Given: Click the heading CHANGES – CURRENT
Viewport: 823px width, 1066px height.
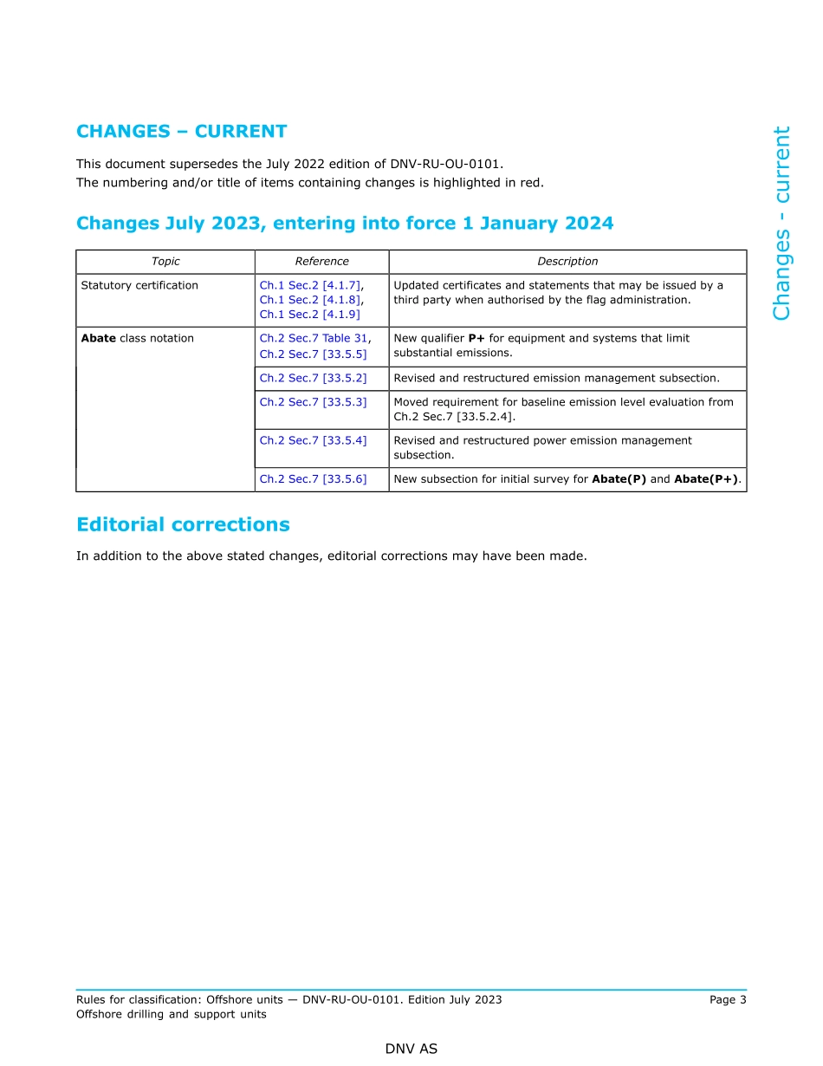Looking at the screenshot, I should [x=181, y=132].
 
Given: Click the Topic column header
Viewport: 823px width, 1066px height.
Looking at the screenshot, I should [x=165, y=262].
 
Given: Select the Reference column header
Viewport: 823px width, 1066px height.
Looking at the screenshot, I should [x=321, y=262].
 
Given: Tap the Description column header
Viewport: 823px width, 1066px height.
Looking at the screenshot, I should [x=567, y=262].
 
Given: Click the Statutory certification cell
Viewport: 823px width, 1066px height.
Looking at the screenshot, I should [x=139, y=285].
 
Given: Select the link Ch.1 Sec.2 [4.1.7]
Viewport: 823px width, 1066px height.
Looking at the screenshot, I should [x=310, y=285].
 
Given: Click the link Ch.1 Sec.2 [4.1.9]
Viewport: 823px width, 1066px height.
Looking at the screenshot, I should [x=309, y=315].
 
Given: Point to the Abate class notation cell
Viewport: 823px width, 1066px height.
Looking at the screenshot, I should [x=137, y=338].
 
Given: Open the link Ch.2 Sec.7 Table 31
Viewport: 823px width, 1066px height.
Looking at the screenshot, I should [x=313, y=338].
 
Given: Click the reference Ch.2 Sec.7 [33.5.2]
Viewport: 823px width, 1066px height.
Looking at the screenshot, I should [x=313, y=379].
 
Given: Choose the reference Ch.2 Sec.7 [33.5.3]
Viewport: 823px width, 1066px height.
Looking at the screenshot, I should [x=313, y=402].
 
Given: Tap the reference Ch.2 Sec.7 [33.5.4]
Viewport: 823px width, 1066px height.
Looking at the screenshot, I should [x=313, y=440].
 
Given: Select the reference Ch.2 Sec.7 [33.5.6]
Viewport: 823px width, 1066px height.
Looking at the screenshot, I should [x=313, y=479].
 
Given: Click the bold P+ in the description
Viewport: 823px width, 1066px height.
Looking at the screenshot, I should [x=476, y=338].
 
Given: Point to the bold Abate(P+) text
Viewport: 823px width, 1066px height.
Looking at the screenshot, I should [x=706, y=479].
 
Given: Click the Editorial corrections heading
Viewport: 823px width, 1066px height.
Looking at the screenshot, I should [x=183, y=525].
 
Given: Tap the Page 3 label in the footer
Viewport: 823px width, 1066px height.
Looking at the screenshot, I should [x=728, y=1000].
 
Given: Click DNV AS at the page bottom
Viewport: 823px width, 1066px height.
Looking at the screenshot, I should [x=411, y=1050].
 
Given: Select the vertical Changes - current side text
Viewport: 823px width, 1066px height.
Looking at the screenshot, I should [x=781, y=224].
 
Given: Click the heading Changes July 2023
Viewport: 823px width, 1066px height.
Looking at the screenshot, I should [x=344, y=224].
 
